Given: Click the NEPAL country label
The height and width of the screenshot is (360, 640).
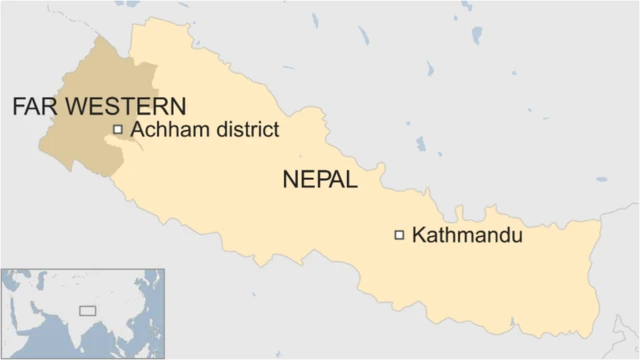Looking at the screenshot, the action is [319, 181].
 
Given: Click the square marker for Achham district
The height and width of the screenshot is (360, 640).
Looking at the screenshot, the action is [118, 129].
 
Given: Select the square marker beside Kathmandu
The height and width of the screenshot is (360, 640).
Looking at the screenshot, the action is [399, 235].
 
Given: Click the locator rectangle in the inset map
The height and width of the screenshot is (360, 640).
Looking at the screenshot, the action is [88, 310].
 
